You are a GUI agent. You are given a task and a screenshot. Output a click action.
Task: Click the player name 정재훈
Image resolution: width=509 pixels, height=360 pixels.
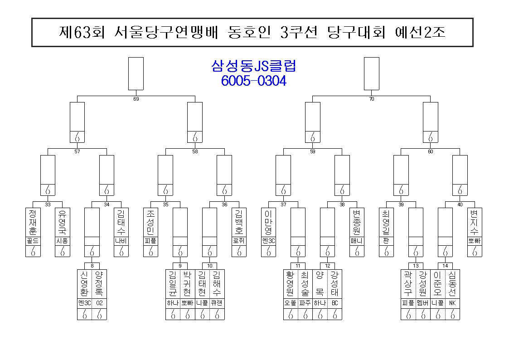33,222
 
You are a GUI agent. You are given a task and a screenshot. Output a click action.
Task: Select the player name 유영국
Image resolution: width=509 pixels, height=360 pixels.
63,222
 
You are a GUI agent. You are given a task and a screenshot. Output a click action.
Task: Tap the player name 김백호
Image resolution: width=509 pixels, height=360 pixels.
239,222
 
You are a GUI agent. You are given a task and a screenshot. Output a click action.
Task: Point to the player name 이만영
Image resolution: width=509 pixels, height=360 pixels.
268,222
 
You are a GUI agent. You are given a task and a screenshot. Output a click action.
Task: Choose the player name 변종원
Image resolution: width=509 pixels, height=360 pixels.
357,222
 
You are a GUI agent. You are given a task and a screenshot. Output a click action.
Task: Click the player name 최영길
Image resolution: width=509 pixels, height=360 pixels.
386,222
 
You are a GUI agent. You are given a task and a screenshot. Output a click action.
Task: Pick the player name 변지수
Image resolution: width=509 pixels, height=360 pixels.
475,222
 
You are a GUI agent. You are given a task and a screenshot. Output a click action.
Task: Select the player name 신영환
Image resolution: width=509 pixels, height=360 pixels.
84,284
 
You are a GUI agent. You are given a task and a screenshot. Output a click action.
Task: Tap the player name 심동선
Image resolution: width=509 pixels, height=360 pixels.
452,284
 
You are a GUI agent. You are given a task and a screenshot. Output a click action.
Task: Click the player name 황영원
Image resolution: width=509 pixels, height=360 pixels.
291,284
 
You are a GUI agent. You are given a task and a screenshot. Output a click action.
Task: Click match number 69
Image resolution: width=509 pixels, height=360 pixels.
136,99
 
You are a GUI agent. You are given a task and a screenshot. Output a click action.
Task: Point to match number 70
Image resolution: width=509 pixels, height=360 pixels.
372,99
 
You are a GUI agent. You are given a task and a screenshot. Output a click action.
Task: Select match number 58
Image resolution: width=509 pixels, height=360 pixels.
195,151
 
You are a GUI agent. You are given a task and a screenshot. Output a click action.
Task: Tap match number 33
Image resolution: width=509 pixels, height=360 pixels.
48,204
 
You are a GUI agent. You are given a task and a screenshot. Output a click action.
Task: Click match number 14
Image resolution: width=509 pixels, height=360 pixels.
445,266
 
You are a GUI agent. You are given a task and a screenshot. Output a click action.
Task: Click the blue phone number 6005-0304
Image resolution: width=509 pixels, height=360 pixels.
253,81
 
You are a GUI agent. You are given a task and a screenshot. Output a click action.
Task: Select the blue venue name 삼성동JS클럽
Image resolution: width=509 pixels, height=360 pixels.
253,66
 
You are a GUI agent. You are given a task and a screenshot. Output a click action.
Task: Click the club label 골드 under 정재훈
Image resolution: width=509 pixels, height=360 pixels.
33,241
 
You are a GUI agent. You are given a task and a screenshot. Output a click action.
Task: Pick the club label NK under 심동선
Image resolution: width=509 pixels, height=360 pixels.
452,303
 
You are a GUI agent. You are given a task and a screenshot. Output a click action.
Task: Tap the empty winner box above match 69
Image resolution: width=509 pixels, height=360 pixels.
136,74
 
